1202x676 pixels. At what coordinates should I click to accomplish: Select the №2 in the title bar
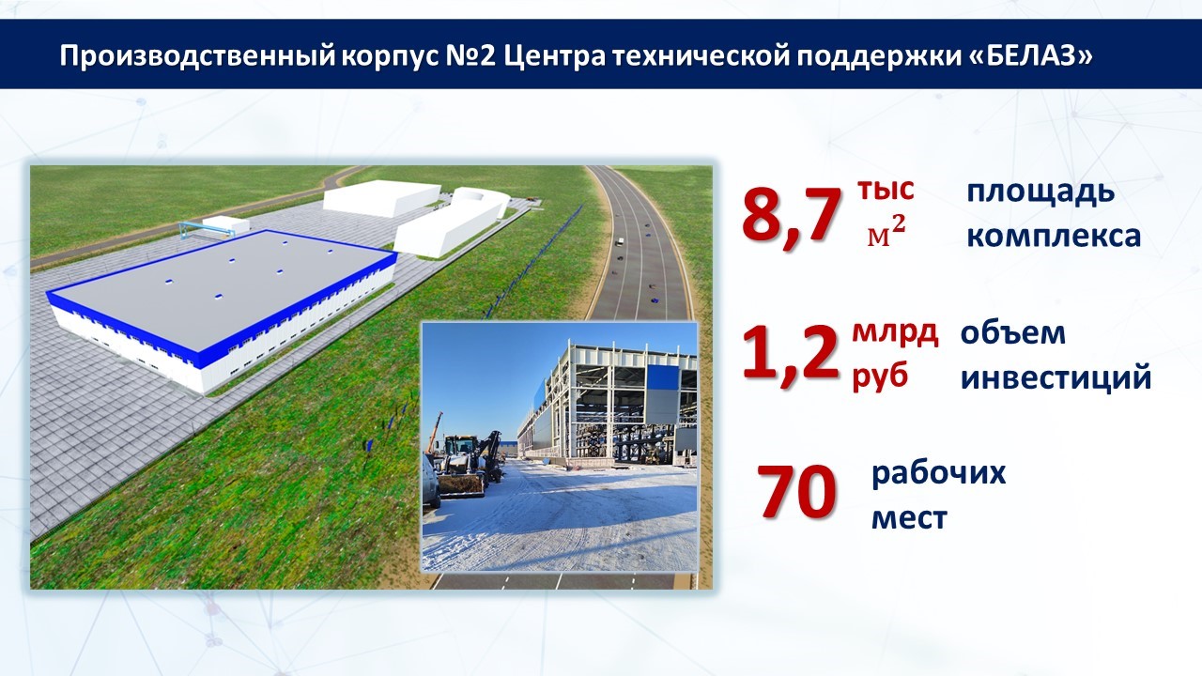coord(471,55)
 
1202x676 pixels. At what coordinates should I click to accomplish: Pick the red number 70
coord(797,492)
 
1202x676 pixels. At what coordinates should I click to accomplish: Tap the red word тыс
coord(886,191)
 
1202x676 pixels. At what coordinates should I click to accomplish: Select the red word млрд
coord(895,333)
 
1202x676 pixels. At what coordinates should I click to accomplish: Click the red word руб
coord(880,376)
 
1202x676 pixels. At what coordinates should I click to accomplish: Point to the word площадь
coord(1040,193)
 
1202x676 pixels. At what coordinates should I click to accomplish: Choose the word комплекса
coord(1054,237)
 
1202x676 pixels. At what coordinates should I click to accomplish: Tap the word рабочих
coord(939,474)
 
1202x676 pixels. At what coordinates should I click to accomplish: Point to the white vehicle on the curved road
coord(620,242)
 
